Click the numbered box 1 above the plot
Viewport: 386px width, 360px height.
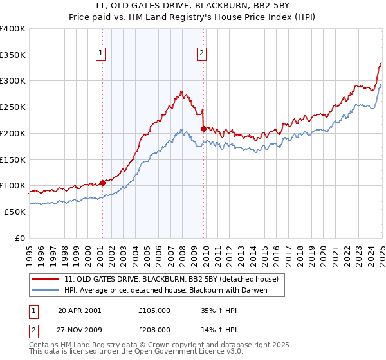[x=102, y=54]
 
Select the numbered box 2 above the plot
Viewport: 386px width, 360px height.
[x=202, y=54]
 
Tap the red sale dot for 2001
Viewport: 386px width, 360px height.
[x=103, y=183]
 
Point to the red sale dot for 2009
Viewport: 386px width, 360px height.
[x=203, y=129]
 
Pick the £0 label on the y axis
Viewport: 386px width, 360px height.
[x=20, y=238]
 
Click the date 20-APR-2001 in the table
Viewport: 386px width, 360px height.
[x=79, y=310]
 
